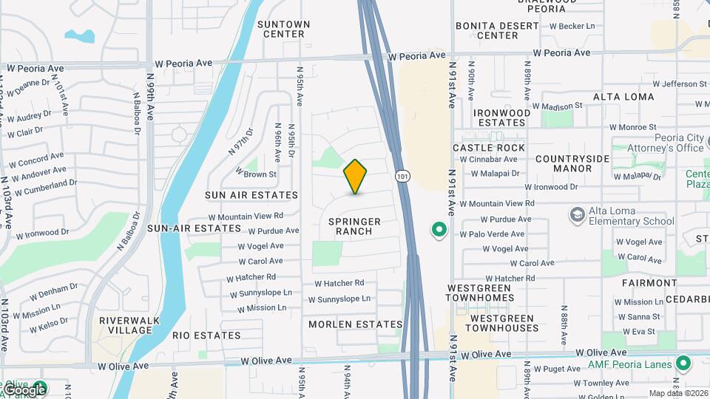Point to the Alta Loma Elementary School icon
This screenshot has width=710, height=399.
tap(577, 214)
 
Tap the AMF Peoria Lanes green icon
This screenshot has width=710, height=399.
tap(683, 364)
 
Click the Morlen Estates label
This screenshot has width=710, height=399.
tap(356, 324)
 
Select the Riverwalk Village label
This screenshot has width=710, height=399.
tap(125, 326)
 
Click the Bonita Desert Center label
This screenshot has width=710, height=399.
tap(498, 30)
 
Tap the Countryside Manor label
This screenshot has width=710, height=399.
tap(573, 163)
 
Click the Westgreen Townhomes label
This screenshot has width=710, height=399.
tap(479, 292)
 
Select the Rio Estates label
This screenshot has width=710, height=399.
tap(206, 335)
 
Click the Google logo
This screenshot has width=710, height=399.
tap(24, 389)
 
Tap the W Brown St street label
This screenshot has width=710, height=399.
tap(256, 174)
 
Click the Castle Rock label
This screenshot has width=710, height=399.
tap(489, 148)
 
